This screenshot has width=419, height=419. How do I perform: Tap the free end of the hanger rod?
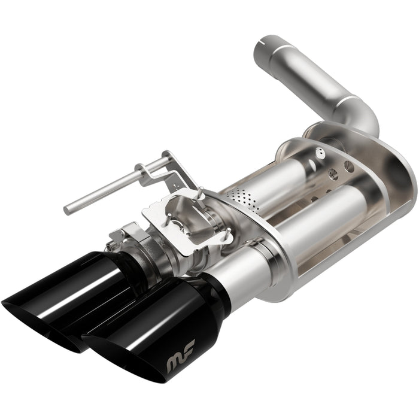point(68,208)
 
